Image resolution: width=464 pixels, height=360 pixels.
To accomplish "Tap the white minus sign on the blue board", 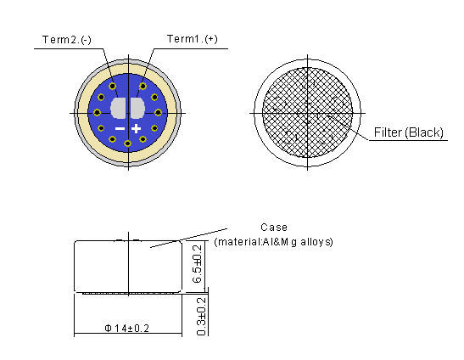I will click(x=120, y=128).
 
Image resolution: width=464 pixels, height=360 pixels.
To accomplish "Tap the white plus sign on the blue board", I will click(x=136, y=128).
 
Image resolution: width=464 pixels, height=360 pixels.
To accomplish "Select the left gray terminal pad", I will click(x=118, y=109).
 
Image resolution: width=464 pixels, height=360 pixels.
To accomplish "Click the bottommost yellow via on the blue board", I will click(x=127, y=143).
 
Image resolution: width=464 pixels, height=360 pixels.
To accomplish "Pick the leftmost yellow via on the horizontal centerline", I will click(x=97, y=111).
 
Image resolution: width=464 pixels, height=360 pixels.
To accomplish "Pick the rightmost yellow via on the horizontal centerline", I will click(x=158, y=111).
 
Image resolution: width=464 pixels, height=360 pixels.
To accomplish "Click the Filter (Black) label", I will click(x=410, y=132).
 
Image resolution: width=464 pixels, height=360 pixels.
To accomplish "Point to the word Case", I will click(x=274, y=228).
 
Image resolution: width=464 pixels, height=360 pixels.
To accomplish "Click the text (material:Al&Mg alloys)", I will click(x=274, y=242).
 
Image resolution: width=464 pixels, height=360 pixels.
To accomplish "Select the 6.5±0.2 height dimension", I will click(x=198, y=264).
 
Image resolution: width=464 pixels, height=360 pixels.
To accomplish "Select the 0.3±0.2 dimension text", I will click(x=200, y=315).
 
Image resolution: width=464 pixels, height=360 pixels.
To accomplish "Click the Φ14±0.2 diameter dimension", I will click(x=127, y=328).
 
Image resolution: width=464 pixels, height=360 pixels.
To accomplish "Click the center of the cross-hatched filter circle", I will click(x=307, y=111).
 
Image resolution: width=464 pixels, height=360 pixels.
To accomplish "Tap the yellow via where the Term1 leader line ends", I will click(x=143, y=86).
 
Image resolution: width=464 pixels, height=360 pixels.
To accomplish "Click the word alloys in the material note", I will click(x=317, y=242).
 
